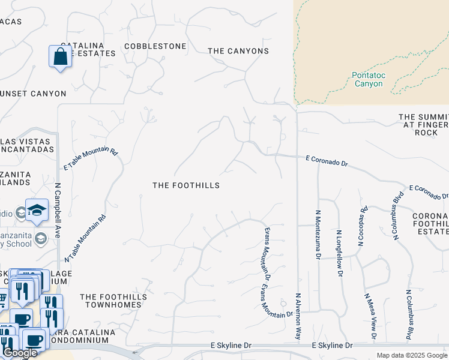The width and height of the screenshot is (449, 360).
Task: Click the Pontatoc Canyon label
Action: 368,80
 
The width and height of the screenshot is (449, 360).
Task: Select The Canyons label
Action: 238,51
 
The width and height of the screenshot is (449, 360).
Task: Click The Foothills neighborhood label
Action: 185,185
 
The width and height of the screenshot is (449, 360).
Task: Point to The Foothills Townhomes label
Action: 111,301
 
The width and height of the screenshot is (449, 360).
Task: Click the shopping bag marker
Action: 60,57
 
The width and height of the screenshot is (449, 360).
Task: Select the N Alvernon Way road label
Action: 298,317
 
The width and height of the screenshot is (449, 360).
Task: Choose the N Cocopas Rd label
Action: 362,227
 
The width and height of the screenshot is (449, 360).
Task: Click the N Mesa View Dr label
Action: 370,316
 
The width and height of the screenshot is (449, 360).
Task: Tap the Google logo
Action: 20,353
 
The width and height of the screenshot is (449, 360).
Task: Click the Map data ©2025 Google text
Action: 412,355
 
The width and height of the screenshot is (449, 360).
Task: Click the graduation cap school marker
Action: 37,209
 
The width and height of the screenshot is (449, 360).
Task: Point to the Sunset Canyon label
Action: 33,94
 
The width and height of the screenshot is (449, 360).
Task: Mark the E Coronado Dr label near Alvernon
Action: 327,160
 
